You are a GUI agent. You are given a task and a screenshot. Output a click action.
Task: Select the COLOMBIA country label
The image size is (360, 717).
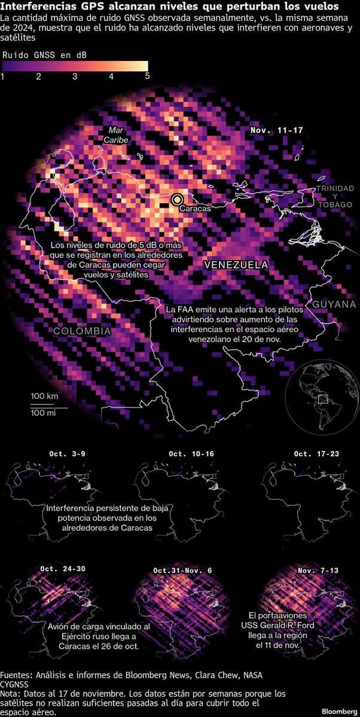81,331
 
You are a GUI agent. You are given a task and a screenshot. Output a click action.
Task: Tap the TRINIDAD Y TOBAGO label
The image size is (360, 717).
335,197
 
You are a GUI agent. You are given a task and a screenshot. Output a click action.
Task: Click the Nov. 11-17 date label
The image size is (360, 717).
276,130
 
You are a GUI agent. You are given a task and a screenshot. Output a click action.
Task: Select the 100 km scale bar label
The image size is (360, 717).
44,396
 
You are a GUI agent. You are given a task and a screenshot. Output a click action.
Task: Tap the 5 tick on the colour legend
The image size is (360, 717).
147,77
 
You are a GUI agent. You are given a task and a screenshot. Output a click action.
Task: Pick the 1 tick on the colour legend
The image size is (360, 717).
3,77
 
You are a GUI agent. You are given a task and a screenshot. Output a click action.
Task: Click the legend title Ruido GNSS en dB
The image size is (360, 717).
44,54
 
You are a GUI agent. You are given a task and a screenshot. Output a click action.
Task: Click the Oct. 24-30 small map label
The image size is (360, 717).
63,568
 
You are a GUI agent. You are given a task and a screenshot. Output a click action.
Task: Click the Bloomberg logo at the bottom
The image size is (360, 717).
338,711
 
